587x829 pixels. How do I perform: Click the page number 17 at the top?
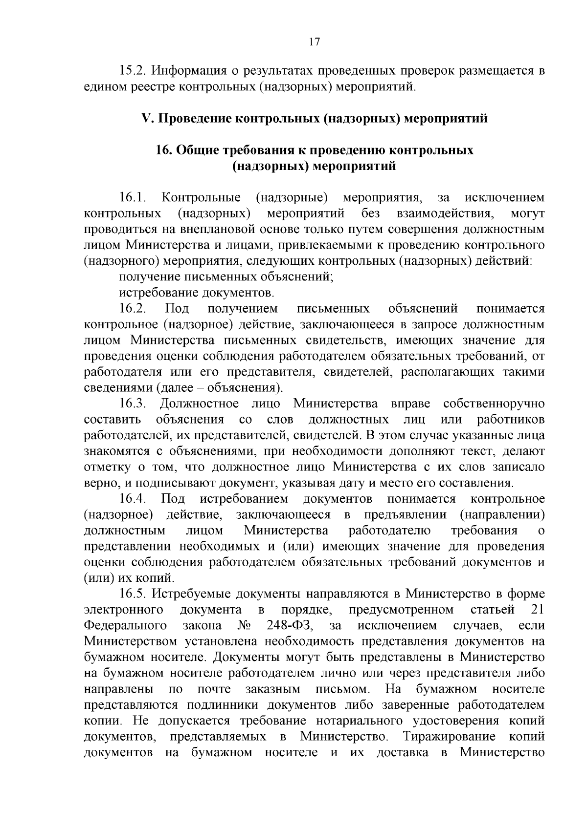315,42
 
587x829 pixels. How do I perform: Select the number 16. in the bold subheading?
163,150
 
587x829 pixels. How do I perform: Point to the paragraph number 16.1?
134,198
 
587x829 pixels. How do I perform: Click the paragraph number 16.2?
134,309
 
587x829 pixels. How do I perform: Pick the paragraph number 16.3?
134,404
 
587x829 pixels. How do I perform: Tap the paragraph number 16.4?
134,499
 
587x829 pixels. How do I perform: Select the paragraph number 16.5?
134,594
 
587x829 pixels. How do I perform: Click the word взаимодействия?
444,214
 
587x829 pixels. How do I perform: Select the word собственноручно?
494,404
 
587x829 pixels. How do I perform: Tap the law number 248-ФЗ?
291,626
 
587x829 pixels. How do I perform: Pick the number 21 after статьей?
537,610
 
